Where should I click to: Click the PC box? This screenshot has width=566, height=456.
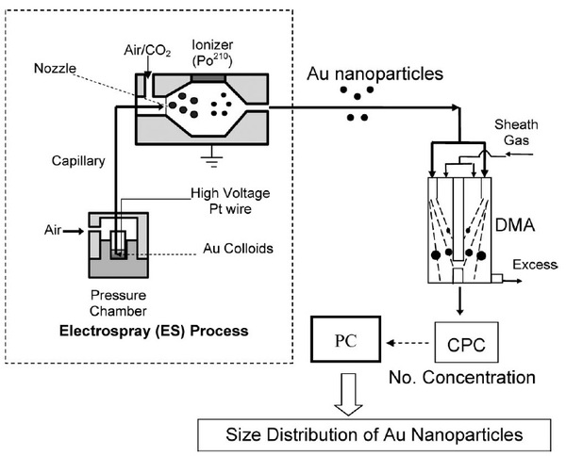click(346, 339)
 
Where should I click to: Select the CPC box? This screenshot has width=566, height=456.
click(466, 342)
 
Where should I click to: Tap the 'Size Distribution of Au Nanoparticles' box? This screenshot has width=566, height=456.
click(375, 434)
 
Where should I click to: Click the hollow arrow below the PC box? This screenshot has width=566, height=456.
click(348, 395)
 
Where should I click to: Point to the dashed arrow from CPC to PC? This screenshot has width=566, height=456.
click(408, 343)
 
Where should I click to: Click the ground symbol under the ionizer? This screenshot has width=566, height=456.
click(212, 156)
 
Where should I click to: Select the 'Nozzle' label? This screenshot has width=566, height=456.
click(55, 68)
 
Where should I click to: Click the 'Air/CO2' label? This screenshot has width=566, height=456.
click(147, 51)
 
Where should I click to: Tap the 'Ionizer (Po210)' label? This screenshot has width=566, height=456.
click(212, 53)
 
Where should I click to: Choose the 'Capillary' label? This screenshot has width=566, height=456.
click(78, 161)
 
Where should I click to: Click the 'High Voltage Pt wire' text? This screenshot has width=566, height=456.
click(230, 201)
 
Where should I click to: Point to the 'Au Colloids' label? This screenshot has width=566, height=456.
click(238, 249)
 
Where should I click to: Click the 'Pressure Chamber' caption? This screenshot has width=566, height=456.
click(119, 303)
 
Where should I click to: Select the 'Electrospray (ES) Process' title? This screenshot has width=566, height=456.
click(154, 331)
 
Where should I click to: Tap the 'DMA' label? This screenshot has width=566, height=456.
click(515, 225)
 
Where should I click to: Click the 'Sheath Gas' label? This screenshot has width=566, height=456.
click(516, 132)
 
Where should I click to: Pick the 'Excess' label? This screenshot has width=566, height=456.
click(535, 265)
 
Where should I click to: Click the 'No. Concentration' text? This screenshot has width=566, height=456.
click(461, 378)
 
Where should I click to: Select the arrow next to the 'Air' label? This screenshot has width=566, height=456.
click(74, 232)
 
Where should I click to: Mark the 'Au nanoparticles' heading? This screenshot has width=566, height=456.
click(375, 73)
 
